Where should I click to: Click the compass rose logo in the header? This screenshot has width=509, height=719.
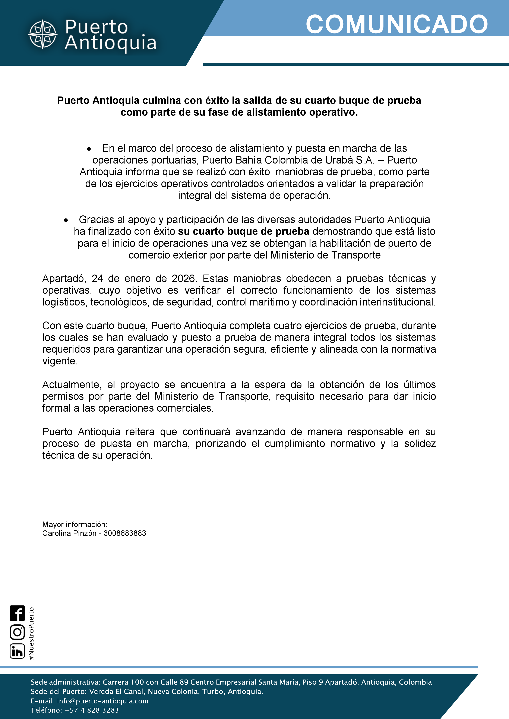43,34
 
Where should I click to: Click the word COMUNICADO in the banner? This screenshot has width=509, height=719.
396,24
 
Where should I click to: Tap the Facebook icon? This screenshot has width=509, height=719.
17,613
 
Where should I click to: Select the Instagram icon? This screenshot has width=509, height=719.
17,632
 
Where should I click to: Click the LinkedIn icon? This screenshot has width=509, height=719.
17,651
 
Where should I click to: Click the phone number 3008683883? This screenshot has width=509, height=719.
125,533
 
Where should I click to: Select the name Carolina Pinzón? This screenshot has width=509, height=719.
69,533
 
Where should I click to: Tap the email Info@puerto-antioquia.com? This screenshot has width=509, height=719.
102,701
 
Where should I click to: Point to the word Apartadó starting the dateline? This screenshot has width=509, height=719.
64,279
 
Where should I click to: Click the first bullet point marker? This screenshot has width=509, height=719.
89,149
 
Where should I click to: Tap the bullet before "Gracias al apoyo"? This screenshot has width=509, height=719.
66,221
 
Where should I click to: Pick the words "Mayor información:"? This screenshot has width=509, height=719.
75,525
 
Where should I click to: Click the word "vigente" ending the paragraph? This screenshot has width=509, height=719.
59,361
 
